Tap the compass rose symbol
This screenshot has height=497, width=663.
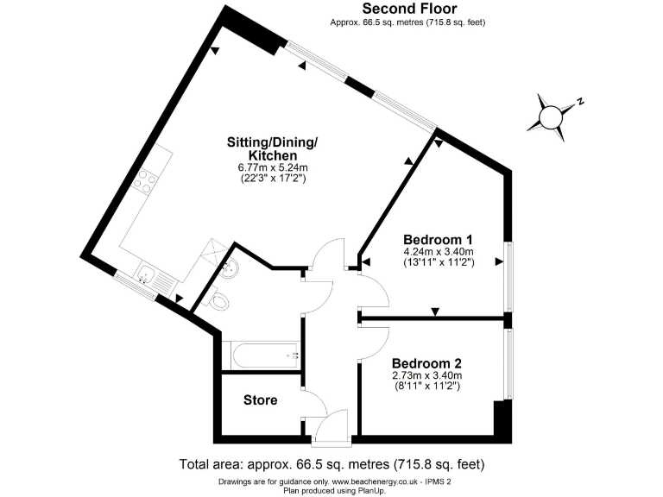click(x=550, y=116)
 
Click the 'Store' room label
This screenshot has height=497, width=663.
click(x=260, y=400)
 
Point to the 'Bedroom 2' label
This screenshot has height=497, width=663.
click(x=428, y=363)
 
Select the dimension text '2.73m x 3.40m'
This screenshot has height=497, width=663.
click(x=428, y=376)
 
